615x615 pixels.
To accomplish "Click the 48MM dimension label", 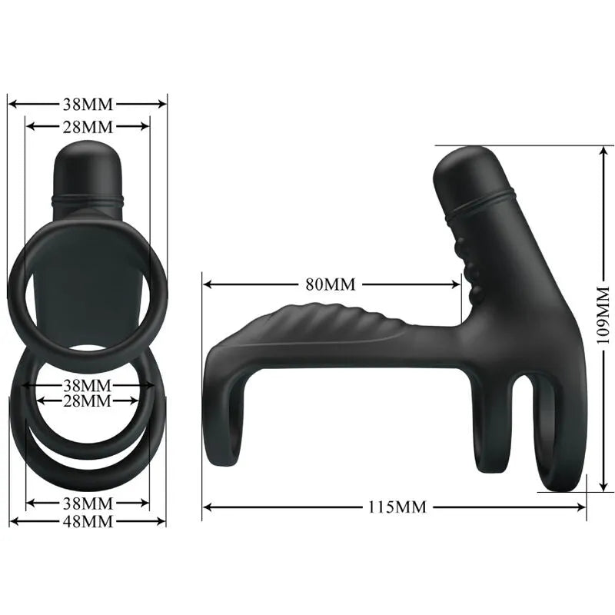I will pos(87,521).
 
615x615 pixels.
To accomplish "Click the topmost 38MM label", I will pos(87,103).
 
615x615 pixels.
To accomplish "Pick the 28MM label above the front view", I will pos(87,126).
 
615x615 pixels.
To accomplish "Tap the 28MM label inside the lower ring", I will pos(87,401).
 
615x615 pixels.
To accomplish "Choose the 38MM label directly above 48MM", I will pos(87,504).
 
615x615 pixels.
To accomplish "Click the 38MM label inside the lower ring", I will pos(87,384).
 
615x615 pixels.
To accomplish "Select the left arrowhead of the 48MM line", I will pos(13,521).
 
